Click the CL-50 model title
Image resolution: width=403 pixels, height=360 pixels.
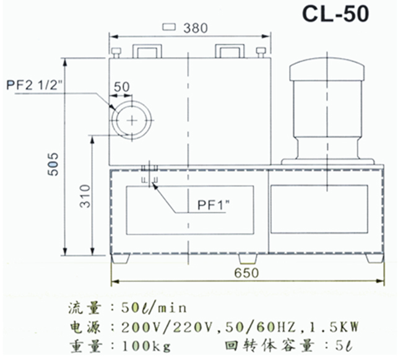[x=336, y=14]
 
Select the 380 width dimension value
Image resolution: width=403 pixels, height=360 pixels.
[x=196, y=28]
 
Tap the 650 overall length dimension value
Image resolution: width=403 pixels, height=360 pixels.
[x=246, y=273]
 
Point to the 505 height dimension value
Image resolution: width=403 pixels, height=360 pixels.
[x=53, y=164]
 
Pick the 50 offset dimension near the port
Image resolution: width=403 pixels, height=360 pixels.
[x=121, y=87]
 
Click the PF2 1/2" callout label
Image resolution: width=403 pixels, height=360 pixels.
[x=35, y=85]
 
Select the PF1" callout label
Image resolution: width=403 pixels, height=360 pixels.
[x=214, y=205]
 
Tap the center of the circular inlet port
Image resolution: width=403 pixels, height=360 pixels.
[x=132, y=120]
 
